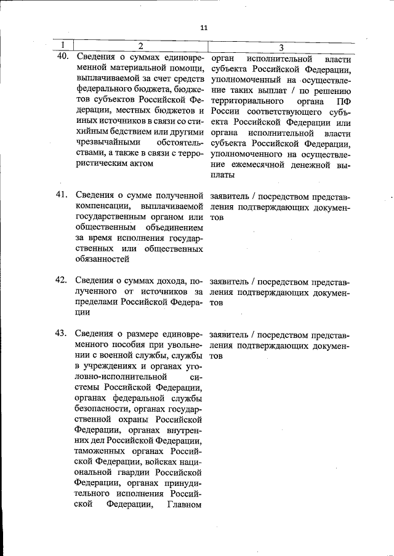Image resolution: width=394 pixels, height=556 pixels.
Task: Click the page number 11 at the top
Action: point(204,27)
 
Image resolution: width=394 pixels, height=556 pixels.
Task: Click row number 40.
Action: point(62,57)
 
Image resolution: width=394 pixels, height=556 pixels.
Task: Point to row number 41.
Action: point(61,195)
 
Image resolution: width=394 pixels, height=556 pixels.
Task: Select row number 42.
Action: point(61,280)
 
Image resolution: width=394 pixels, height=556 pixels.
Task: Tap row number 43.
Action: point(61,334)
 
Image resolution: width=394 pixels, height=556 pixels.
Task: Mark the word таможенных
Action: point(103,451)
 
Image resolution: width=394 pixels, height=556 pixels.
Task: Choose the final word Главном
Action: point(185,505)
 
